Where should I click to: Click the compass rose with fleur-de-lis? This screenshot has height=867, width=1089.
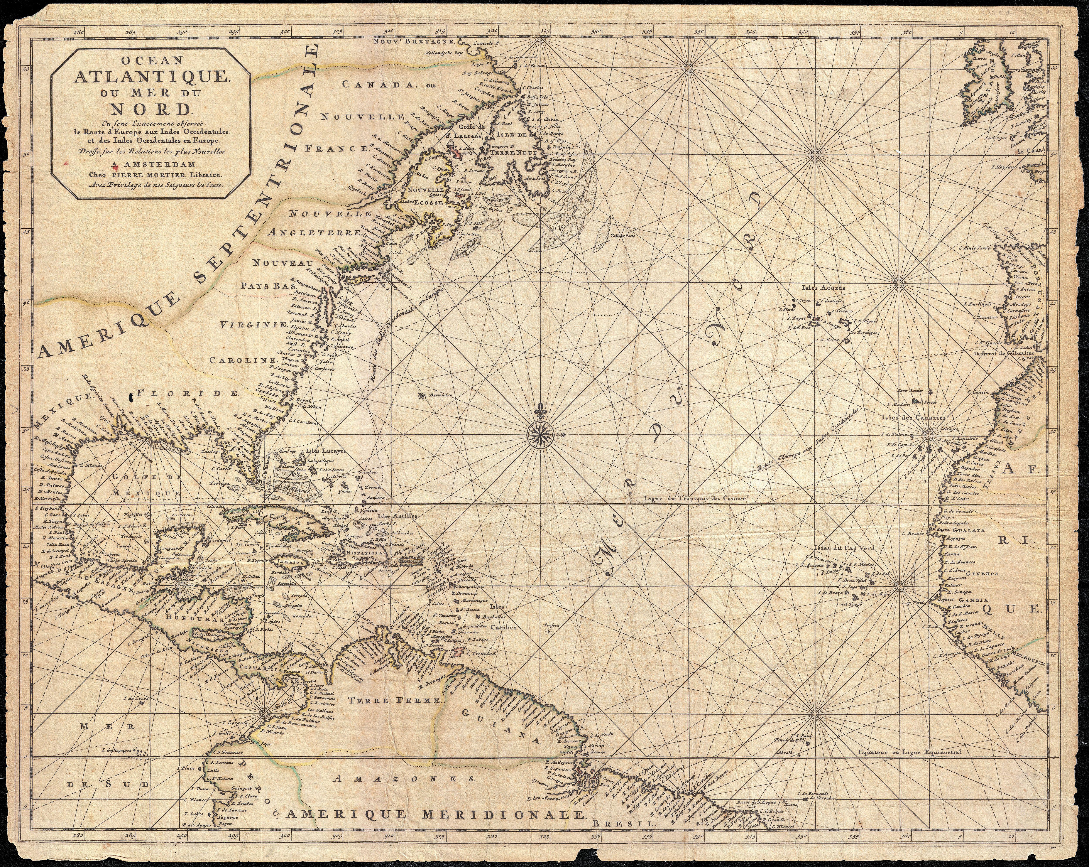(541, 433)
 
